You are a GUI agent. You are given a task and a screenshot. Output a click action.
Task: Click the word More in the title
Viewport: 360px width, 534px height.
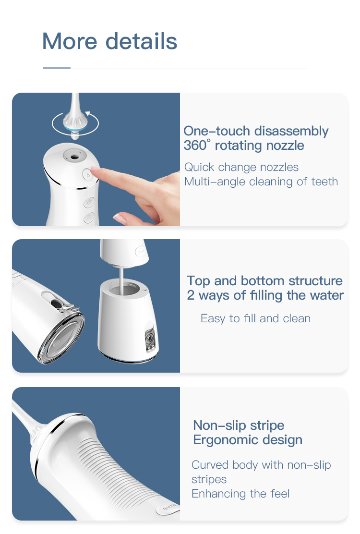[x=70, y=41]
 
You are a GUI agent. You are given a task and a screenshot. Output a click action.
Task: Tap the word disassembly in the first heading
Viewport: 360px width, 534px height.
[x=291, y=132]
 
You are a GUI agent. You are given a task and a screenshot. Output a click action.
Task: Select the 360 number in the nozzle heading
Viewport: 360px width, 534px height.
[x=195, y=146]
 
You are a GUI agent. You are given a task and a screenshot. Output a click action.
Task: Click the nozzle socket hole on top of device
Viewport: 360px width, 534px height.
[x=73, y=157]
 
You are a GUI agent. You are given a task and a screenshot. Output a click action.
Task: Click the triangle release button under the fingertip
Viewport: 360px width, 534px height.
[x=88, y=175]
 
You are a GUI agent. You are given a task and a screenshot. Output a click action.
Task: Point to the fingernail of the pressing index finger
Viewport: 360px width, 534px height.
[x=95, y=168]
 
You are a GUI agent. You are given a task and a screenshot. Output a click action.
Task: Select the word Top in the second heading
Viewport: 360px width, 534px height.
[x=199, y=281]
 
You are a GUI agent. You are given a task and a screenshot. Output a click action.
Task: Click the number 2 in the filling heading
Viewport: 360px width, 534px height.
[x=191, y=295]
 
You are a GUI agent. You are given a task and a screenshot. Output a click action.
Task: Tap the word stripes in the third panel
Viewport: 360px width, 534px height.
[x=209, y=479]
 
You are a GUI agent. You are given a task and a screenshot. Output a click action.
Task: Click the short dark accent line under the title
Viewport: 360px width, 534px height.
[x=57, y=68]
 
